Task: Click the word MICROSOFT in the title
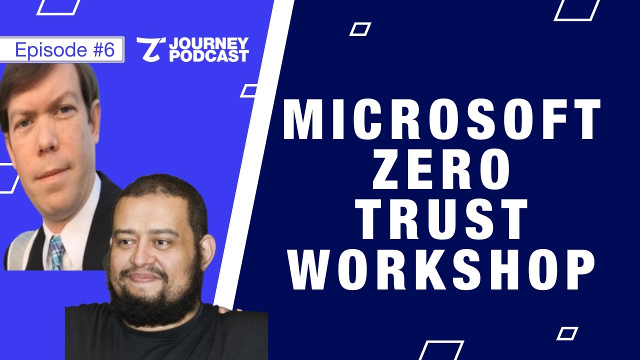[x=441, y=120]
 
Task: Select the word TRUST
[x=443, y=220]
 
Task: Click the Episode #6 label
[x=64, y=50]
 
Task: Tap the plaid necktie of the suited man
[x=56, y=252]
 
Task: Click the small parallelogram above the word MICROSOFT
[x=360, y=29]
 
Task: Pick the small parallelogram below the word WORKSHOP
[x=567, y=333]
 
